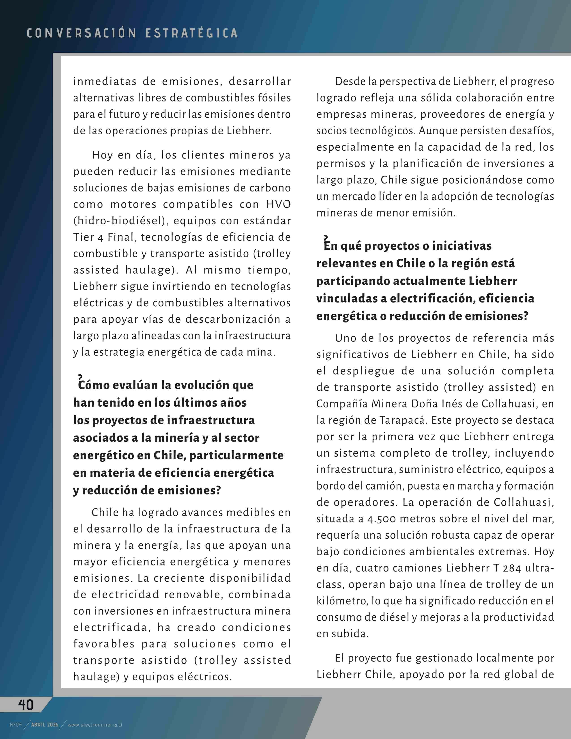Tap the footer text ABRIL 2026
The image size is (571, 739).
[45, 725]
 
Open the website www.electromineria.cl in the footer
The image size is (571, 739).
[95, 725]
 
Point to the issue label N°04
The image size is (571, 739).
[15, 725]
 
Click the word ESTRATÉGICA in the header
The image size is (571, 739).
[191, 33]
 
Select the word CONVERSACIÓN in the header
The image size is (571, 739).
[81, 33]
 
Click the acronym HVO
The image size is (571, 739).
[278, 204]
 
